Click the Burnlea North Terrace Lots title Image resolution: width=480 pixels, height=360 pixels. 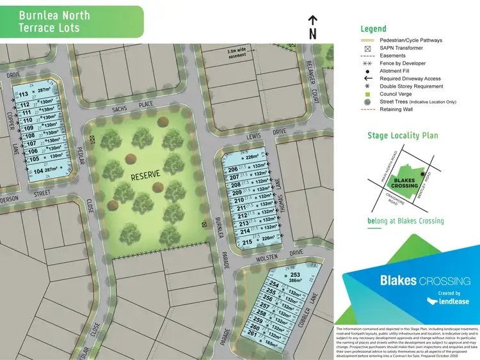(54, 21)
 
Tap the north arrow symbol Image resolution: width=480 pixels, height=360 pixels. (312, 27)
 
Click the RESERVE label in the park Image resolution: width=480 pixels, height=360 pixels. (146, 175)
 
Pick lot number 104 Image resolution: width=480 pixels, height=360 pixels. (38, 171)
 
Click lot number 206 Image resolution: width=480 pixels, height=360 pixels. (233, 169)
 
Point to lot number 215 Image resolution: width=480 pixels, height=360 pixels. (247, 242)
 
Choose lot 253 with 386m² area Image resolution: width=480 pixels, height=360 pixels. (295, 277)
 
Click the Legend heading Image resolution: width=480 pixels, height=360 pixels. (373, 29)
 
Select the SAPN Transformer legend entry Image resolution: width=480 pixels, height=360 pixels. (401, 48)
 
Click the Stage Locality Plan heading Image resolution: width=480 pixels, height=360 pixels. (402, 136)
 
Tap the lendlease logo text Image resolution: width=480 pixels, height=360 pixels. (448, 301)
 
